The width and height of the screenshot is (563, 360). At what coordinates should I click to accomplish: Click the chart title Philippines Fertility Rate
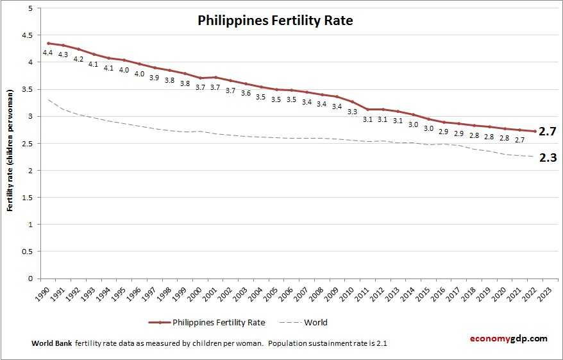pos(275,21)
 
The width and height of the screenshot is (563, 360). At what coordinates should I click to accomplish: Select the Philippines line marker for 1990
pos(48,43)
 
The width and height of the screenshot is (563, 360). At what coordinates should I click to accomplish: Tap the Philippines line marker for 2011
pos(367,110)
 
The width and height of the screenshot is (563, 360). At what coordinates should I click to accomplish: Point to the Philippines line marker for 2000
pos(200,78)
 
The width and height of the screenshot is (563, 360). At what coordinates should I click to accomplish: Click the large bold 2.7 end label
pos(547,132)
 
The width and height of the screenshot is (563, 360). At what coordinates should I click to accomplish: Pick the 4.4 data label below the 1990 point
pos(48,53)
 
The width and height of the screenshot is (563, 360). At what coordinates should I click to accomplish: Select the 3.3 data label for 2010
pos(352,112)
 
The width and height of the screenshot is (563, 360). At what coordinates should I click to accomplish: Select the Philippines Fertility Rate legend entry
pos(219,322)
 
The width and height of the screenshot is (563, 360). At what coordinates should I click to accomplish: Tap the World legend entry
pos(315,322)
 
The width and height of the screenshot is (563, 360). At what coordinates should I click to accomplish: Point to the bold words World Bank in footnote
pos(51,343)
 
